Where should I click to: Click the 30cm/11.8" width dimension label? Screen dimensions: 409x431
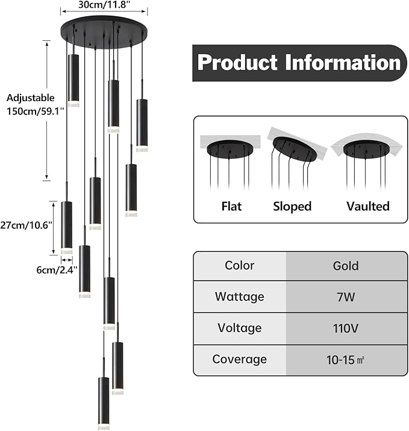pyautogui.click(x=104, y=5)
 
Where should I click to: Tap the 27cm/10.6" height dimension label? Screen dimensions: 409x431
pyautogui.click(x=26, y=225)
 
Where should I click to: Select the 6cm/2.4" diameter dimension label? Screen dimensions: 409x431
pyautogui.click(x=57, y=270)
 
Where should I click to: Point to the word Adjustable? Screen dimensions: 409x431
pyautogui.click(x=31, y=98)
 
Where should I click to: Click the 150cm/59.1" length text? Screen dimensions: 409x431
pyautogui.click(x=35, y=111)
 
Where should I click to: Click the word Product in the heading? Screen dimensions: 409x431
pyautogui.click(x=237, y=63)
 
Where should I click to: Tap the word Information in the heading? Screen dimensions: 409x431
pyautogui.click(x=343, y=63)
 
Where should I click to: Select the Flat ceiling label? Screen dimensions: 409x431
pyautogui.click(x=231, y=206)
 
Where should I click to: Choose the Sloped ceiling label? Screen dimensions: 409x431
pyautogui.click(x=292, y=206)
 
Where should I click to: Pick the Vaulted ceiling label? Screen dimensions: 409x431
pyautogui.click(x=368, y=206)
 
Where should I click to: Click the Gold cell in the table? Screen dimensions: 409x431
pyautogui.click(x=346, y=266)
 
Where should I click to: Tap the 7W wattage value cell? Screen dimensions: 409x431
pyautogui.click(x=346, y=297)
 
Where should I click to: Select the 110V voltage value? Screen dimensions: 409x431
pyautogui.click(x=346, y=329)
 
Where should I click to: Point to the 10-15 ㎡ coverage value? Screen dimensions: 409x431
pyautogui.click(x=346, y=360)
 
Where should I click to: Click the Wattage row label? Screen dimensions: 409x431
pyautogui.click(x=240, y=297)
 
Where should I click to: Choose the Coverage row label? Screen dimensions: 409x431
pyautogui.click(x=240, y=359)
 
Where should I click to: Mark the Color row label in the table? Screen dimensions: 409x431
pyautogui.click(x=240, y=265)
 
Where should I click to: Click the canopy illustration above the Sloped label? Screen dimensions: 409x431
pyautogui.click(x=295, y=149)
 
